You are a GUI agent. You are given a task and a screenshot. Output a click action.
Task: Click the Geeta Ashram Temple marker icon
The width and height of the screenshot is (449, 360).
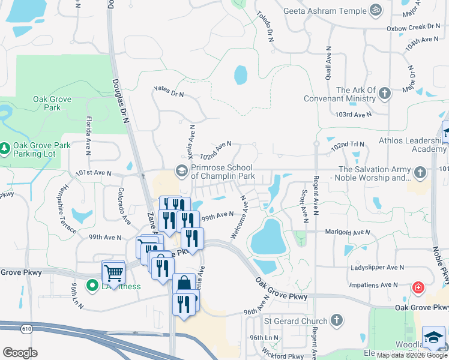(376, 11)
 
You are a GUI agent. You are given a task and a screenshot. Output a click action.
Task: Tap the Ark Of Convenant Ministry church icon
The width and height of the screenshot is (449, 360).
(385, 94)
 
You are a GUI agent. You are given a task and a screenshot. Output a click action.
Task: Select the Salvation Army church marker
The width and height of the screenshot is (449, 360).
(420, 173)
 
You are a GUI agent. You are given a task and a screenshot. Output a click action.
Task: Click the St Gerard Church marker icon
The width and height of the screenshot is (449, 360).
(337, 320)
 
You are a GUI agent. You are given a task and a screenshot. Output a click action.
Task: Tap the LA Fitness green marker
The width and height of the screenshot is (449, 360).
(92, 286)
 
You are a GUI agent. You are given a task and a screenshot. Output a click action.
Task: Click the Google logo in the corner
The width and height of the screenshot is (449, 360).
(20, 353)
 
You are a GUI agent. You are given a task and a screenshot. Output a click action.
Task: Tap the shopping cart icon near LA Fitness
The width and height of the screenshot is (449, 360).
(113, 273)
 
